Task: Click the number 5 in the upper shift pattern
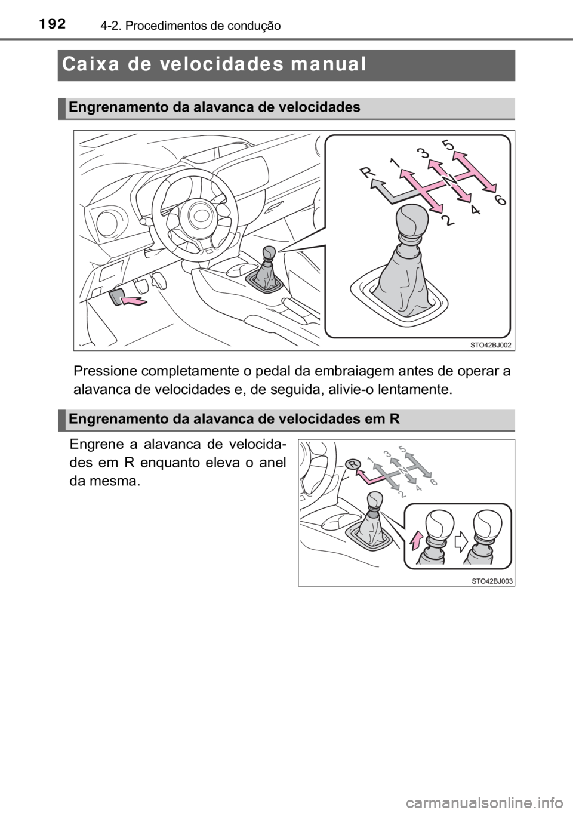(x=448, y=144)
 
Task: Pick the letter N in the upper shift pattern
(x=449, y=180)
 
